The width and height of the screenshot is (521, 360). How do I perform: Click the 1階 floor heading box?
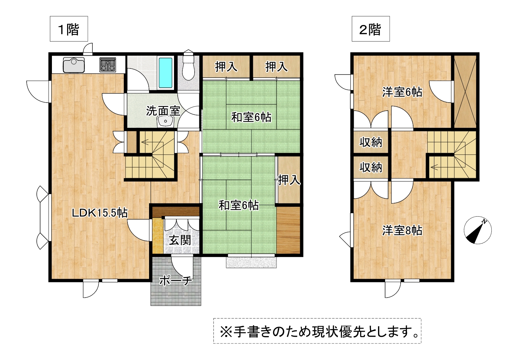[x=69, y=29]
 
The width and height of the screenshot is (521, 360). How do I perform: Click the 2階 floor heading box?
[x=371, y=29]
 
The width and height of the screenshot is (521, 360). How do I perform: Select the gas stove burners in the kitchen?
[x=108, y=65]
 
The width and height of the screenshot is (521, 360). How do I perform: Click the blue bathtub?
[x=165, y=73]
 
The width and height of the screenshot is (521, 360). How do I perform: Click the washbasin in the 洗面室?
[x=165, y=121]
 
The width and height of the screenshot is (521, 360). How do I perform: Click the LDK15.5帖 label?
[x=100, y=213]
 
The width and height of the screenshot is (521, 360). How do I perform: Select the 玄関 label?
[x=180, y=240]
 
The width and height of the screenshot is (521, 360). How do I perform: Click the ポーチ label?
[x=176, y=281]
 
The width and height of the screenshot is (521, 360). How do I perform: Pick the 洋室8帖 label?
[x=402, y=231]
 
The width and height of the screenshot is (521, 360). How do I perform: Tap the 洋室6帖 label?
[x=402, y=92]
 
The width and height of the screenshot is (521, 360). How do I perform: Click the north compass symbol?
[x=478, y=230]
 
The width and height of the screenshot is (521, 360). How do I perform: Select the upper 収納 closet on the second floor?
[x=371, y=142]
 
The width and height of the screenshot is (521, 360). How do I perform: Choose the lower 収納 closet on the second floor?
[x=371, y=167]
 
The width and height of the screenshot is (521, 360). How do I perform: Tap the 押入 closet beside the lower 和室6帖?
[x=289, y=180]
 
